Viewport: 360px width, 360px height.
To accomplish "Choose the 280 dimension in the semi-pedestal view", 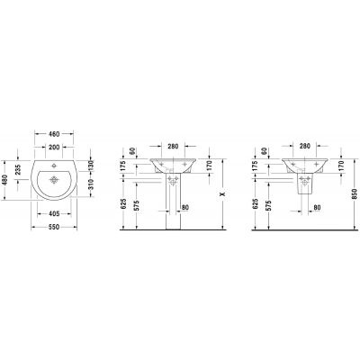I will click(x=304, y=144).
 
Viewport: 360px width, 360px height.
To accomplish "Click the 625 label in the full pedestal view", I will click(x=126, y=205).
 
